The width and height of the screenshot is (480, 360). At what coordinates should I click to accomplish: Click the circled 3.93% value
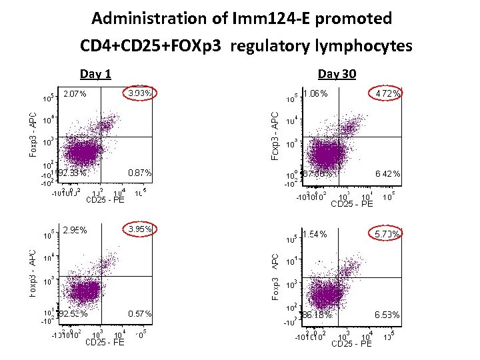(140, 93)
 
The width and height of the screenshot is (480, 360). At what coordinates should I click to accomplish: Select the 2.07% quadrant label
(75, 94)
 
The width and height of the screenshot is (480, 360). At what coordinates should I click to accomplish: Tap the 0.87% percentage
(139, 173)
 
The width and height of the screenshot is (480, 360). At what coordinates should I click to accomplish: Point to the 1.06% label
(315, 94)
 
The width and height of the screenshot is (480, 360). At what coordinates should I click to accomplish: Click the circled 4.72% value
(387, 94)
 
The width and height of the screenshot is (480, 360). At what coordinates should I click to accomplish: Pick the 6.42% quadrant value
(387, 174)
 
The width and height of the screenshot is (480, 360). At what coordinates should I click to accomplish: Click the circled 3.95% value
(140, 229)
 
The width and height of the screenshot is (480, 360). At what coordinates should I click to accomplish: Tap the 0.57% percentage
(139, 313)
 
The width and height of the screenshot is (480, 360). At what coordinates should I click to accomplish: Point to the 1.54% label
(315, 234)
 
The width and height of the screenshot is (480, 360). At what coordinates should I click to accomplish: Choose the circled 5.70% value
(387, 234)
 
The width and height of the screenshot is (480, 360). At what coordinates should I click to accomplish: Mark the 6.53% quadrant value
(387, 314)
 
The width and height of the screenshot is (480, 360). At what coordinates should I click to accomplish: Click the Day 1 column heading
(95, 74)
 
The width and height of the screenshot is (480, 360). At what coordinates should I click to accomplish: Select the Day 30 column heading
(337, 74)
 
